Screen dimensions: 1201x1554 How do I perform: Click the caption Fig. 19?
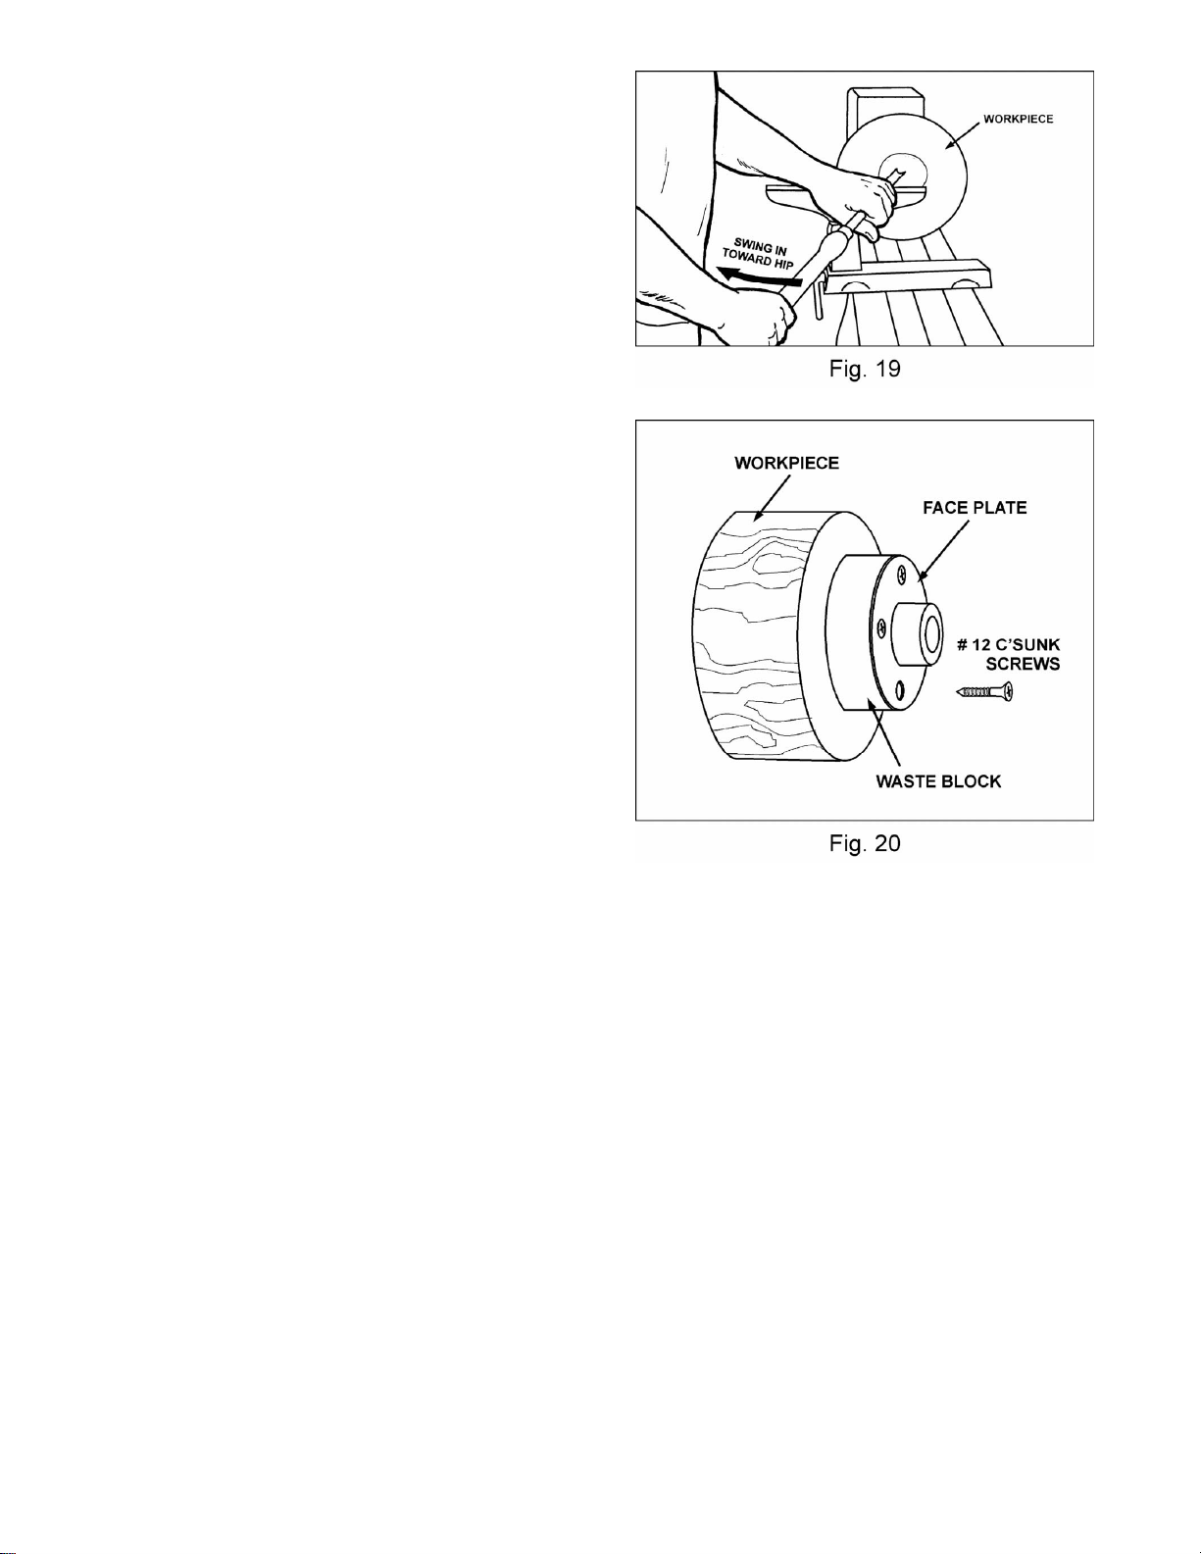point(864,370)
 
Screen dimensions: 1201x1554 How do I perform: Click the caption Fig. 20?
point(864,843)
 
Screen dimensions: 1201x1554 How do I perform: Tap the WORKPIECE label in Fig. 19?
point(1018,119)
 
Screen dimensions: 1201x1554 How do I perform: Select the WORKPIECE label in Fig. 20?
point(786,463)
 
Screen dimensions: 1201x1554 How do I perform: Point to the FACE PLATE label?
point(975,508)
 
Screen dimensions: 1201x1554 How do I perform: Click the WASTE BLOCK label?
point(938,781)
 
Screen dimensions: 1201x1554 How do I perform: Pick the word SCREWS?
point(1023,664)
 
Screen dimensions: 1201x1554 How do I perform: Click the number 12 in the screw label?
point(980,645)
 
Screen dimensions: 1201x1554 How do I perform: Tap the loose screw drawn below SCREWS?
point(984,692)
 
